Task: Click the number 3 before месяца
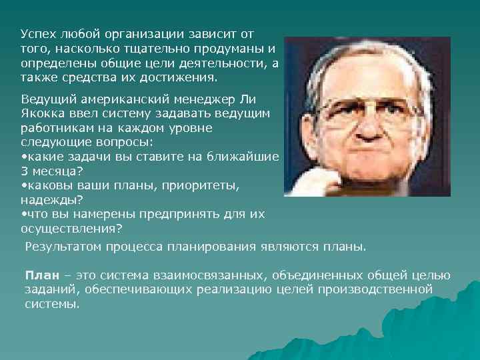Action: click(24, 170)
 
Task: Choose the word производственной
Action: click(379, 289)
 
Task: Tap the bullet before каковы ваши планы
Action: click(24, 185)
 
